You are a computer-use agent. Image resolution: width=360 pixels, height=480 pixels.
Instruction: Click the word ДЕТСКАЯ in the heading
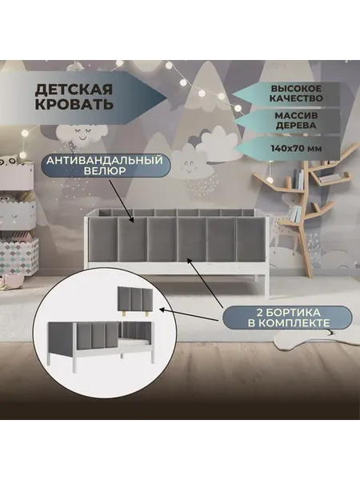click(74, 90)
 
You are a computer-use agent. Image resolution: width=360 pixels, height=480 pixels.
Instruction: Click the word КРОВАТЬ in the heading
click(74, 104)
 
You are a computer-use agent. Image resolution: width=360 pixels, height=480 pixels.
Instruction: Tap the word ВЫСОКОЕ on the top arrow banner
click(296, 89)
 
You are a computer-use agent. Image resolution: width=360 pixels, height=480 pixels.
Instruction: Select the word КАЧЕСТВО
click(296, 98)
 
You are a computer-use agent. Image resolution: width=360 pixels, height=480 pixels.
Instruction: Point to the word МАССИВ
click(296, 116)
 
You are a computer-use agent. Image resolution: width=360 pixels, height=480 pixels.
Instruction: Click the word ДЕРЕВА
click(296, 126)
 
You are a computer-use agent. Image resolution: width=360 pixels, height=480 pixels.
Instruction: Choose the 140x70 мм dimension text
click(296, 149)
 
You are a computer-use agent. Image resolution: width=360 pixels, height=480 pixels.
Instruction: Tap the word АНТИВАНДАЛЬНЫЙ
click(105, 161)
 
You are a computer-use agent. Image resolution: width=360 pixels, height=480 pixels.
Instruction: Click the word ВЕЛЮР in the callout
click(105, 171)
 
